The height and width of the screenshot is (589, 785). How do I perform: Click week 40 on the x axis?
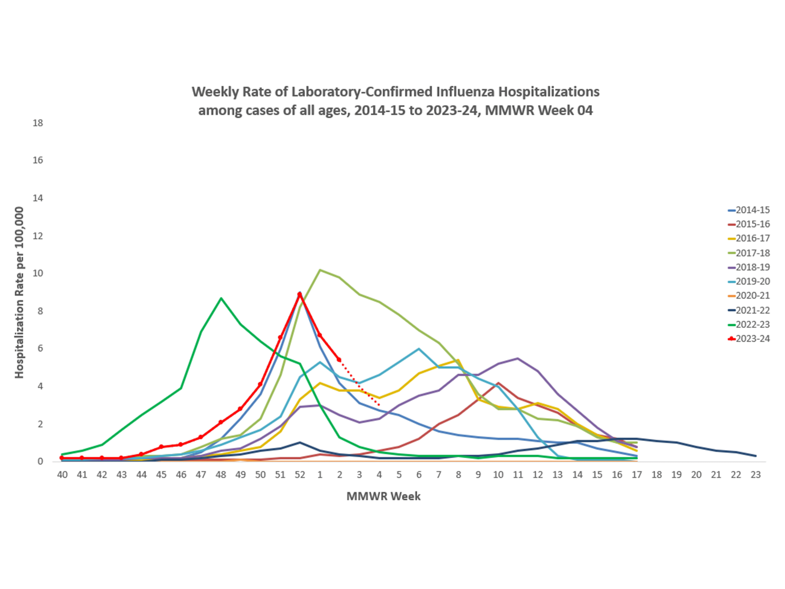pyautogui.click(x=62, y=475)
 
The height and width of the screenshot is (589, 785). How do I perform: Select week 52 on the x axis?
pyautogui.click(x=300, y=475)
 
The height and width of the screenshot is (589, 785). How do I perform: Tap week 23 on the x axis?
pyautogui.click(x=756, y=475)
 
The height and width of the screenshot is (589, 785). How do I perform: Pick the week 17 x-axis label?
pyautogui.click(x=637, y=475)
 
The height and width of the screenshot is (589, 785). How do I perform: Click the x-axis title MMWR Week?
pyautogui.click(x=383, y=496)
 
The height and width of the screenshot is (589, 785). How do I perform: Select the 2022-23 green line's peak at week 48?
pyautogui.click(x=221, y=298)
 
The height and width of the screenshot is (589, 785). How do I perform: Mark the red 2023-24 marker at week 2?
pyautogui.click(x=339, y=360)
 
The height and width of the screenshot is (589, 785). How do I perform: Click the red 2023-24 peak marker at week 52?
pyautogui.click(x=300, y=294)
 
